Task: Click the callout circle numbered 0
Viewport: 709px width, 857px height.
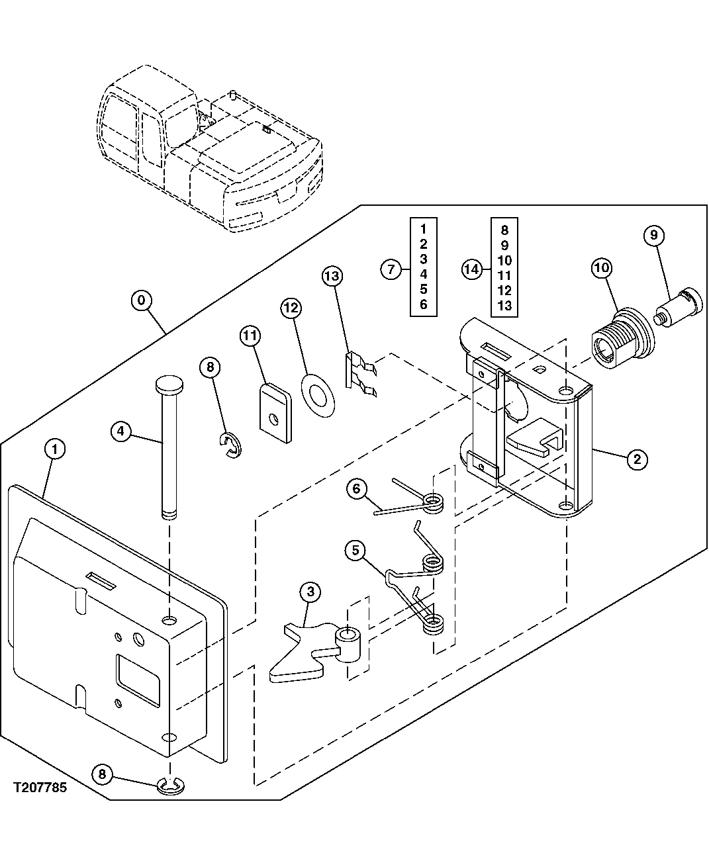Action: point(141,300)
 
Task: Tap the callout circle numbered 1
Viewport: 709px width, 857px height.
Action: point(56,449)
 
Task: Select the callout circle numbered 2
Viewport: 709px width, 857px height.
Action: point(636,459)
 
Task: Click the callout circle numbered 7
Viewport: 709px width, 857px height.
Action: point(391,269)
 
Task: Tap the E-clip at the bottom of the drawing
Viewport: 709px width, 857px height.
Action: point(171,786)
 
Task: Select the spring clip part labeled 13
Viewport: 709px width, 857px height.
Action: point(360,373)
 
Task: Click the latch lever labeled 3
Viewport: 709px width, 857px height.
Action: point(311,652)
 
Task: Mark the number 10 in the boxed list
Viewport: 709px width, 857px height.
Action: point(504,260)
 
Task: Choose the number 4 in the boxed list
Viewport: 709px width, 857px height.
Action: point(424,274)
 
